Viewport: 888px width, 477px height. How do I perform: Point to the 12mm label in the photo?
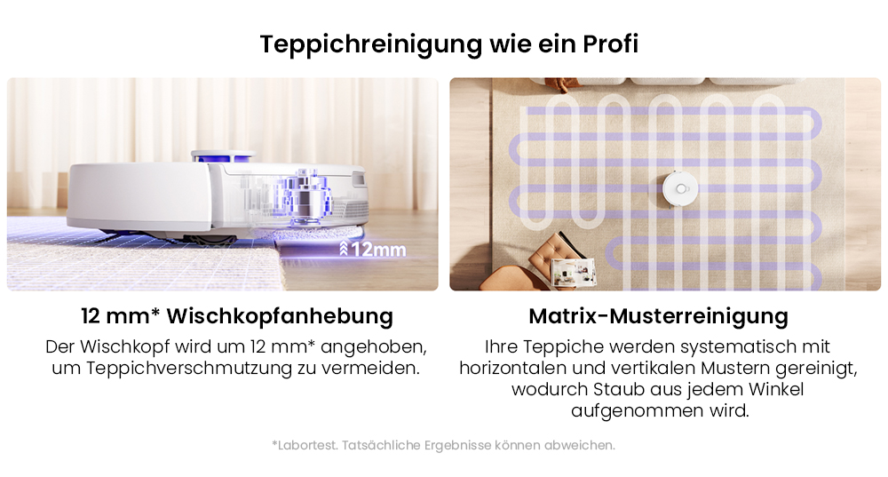point(377,250)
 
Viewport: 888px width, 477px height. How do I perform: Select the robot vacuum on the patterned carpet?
point(681,187)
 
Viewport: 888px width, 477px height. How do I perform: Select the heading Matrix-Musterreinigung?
point(658,316)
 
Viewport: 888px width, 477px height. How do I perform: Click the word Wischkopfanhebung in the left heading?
point(281,316)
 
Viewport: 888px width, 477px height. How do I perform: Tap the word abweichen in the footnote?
point(583,445)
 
